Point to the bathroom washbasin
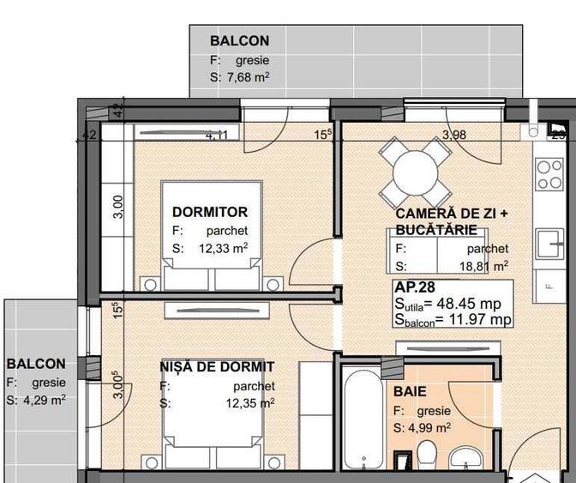(x=467, y=460)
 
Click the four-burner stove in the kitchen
(x=547, y=175)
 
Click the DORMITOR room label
(x=210, y=212)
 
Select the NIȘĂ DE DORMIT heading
(x=217, y=367)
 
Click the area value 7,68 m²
(x=247, y=77)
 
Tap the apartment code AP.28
(x=415, y=287)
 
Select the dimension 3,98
(x=453, y=134)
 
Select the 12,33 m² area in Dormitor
(x=224, y=249)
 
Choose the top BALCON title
(x=239, y=40)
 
